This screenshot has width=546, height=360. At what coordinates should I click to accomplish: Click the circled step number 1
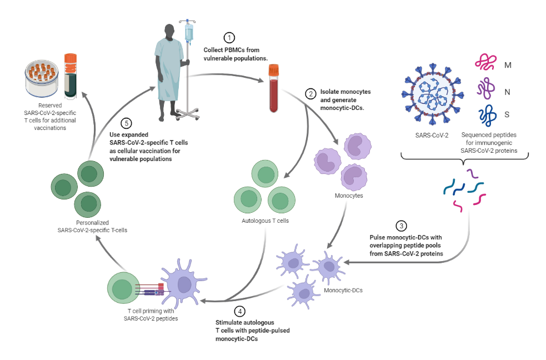[229, 38]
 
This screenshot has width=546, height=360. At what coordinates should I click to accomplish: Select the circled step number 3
[400, 226]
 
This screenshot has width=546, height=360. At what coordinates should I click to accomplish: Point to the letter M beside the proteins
[508, 66]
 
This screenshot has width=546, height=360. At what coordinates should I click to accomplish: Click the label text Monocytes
[348, 196]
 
